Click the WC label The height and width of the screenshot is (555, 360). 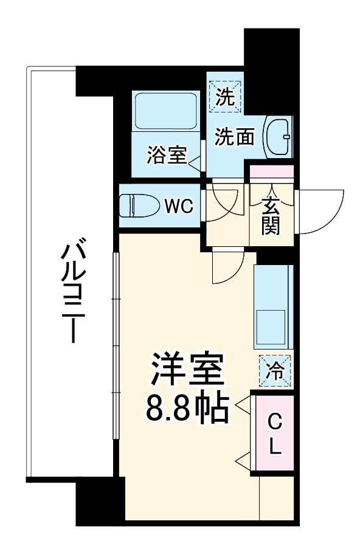pyautogui.click(x=179, y=207)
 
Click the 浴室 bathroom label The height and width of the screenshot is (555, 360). pyautogui.click(x=166, y=155)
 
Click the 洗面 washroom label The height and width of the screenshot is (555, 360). pyautogui.click(x=234, y=137)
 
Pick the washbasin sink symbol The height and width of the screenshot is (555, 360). pyautogui.click(x=279, y=137)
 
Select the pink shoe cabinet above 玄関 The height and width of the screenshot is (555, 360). pyautogui.click(x=272, y=171)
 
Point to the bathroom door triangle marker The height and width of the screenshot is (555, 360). pyautogui.click(x=196, y=162)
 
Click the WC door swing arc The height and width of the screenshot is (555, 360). pyautogui.click(x=223, y=204)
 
